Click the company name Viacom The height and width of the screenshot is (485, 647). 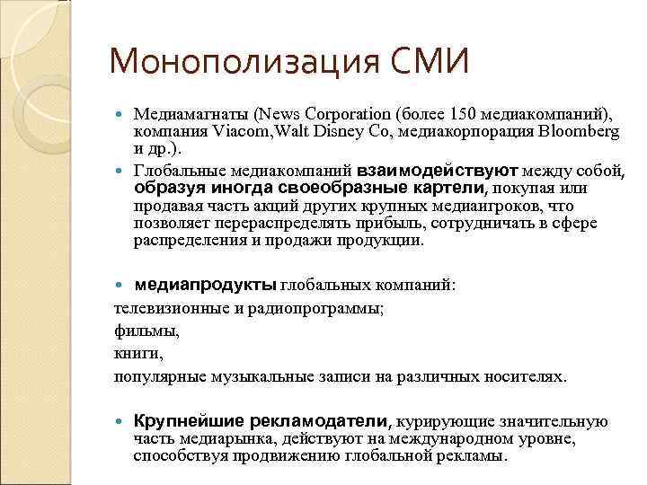click(x=242, y=131)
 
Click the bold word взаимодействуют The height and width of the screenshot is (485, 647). click(x=438, y=170)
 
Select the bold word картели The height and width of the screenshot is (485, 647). click(x=448, y=189)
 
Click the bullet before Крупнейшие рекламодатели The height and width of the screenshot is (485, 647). click(x=123, y=422)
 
